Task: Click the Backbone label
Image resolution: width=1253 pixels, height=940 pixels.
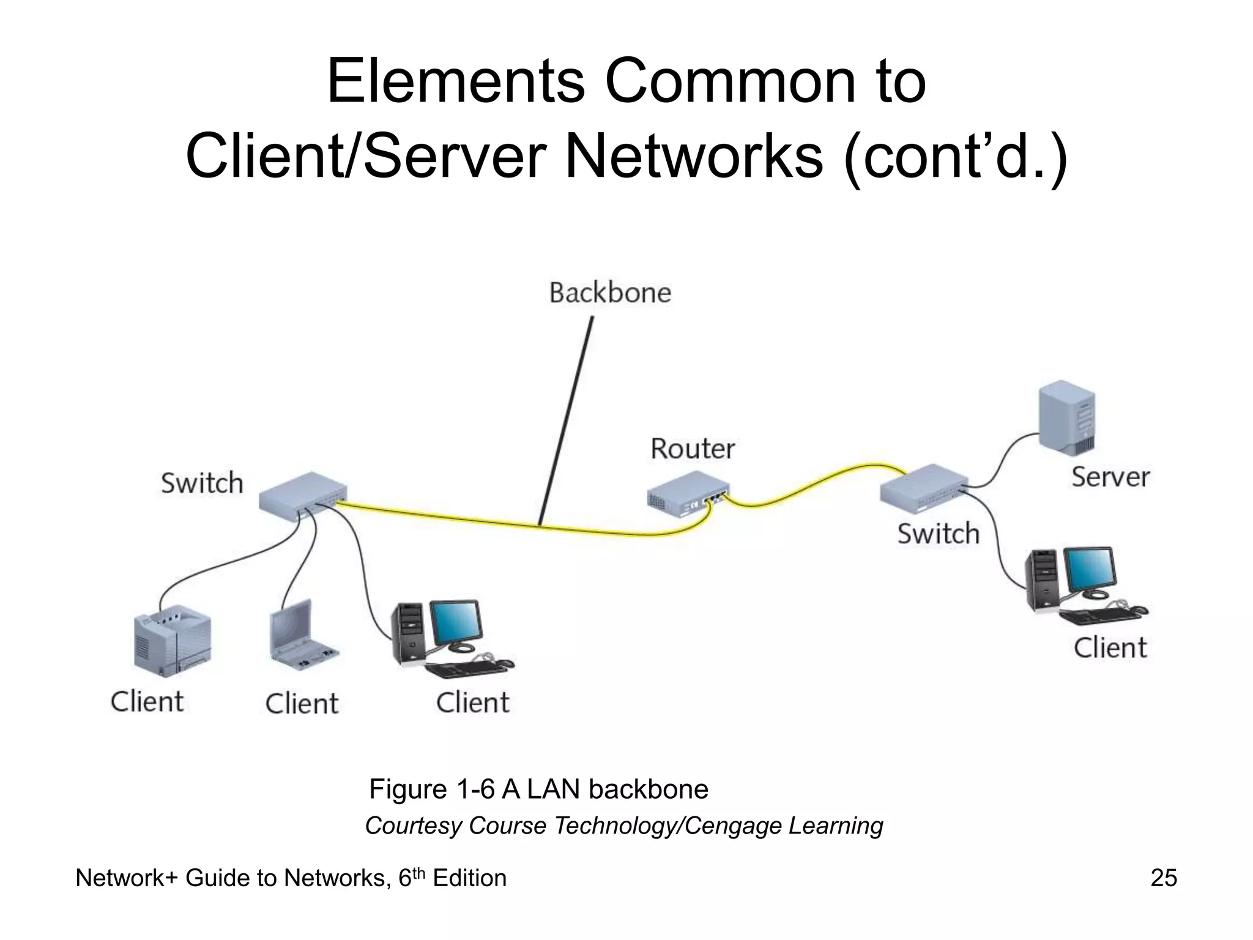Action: point(610,293)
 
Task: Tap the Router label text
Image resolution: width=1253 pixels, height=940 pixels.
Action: point(692,449)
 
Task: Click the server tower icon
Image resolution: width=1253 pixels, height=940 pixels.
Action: point(1067,417)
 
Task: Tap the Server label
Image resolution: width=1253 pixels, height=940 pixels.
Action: point(1110,477)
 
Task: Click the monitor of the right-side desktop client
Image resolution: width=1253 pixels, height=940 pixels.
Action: point(1088,568)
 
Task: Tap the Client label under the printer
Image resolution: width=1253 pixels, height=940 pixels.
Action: point(147,701)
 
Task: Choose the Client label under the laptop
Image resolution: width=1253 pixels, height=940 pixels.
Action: point(302,703)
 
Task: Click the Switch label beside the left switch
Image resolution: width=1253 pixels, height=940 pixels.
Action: point(202,483)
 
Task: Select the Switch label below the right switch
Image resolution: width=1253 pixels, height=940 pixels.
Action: point(938,533)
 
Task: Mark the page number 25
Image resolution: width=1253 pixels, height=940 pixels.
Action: point(1163,878)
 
